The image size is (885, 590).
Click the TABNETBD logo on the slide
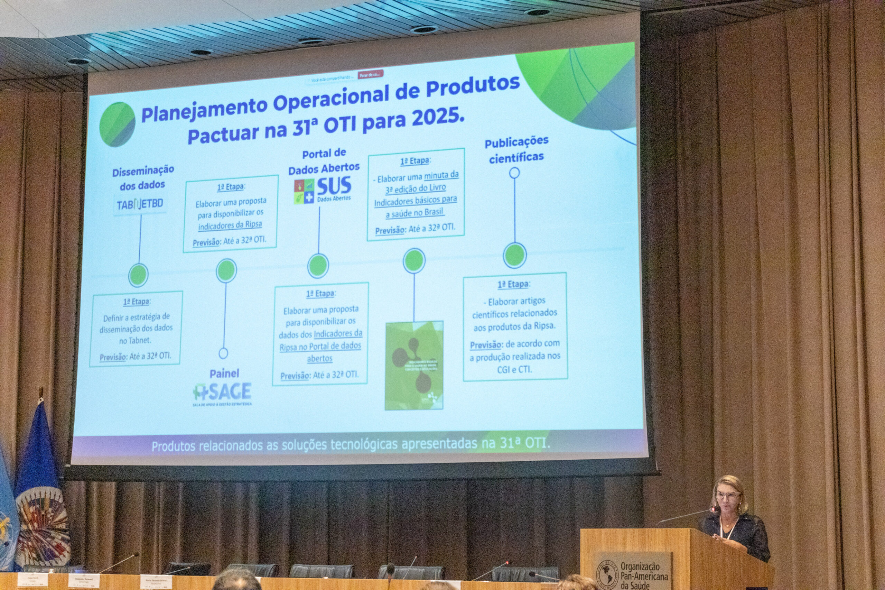click(140, 204)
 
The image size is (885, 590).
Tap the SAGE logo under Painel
click(222, 393)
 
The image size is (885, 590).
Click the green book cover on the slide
click(414, 365)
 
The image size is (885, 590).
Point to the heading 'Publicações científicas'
click(516, 149)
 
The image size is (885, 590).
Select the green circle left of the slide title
click(117, 125)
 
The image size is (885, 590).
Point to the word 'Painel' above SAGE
click(224, 374)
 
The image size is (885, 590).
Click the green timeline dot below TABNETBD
click(138, 275)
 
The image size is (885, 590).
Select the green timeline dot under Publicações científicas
click(514, 255)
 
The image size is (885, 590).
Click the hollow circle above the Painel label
click(223, 353)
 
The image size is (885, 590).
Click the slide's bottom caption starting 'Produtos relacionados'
click(351, 445)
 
